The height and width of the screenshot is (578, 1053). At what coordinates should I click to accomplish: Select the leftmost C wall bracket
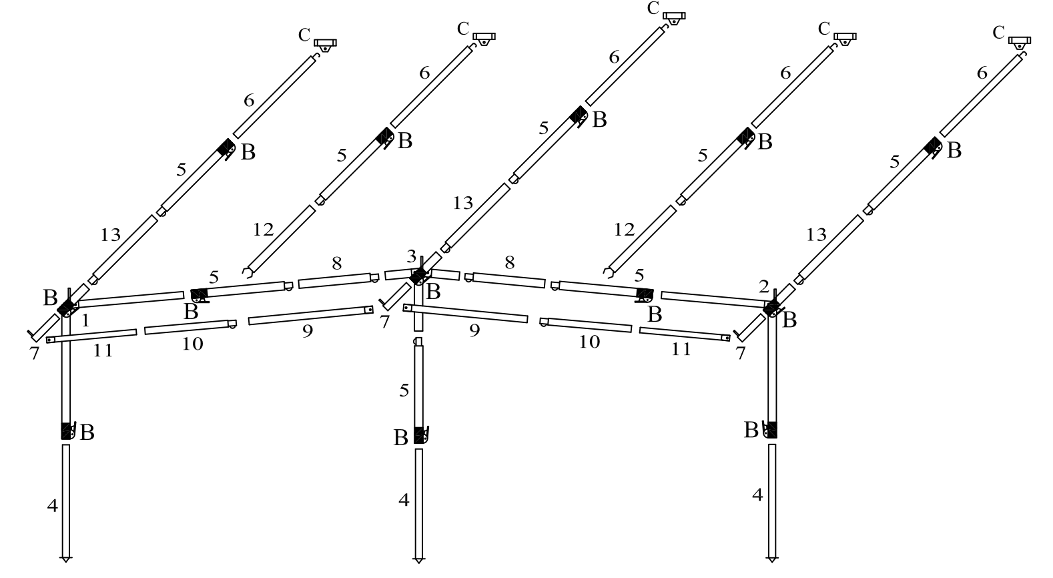click(x=325, y=44)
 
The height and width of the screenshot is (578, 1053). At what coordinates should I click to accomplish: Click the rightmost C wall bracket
click(x=1019, y=42)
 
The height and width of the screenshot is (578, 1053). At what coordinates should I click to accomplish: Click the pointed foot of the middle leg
click(x=419, y=559)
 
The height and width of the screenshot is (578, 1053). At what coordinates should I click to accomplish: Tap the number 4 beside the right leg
click(x=757, y=495)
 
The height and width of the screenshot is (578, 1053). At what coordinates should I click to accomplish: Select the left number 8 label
click(x=338, y=263)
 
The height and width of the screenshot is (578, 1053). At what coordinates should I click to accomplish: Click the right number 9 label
click(x=474, y=330)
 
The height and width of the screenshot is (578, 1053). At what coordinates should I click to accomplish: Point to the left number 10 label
click(x=193, y=344)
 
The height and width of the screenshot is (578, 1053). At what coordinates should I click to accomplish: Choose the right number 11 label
click(x=681, y=348)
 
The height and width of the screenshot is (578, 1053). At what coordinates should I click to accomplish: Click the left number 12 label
click(x=264, y=230)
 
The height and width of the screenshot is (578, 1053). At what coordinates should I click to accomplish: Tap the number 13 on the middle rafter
click(x=462, y=203)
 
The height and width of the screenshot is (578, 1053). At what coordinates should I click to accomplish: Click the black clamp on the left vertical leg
click(x=66, y=431)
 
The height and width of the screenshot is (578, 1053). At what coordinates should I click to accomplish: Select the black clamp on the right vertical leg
click(x=772, y=430)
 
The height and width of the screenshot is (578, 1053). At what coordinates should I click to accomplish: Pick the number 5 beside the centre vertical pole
click(x=404, y=390)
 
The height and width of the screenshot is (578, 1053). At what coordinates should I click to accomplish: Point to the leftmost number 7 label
click(x=35, y=354)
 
